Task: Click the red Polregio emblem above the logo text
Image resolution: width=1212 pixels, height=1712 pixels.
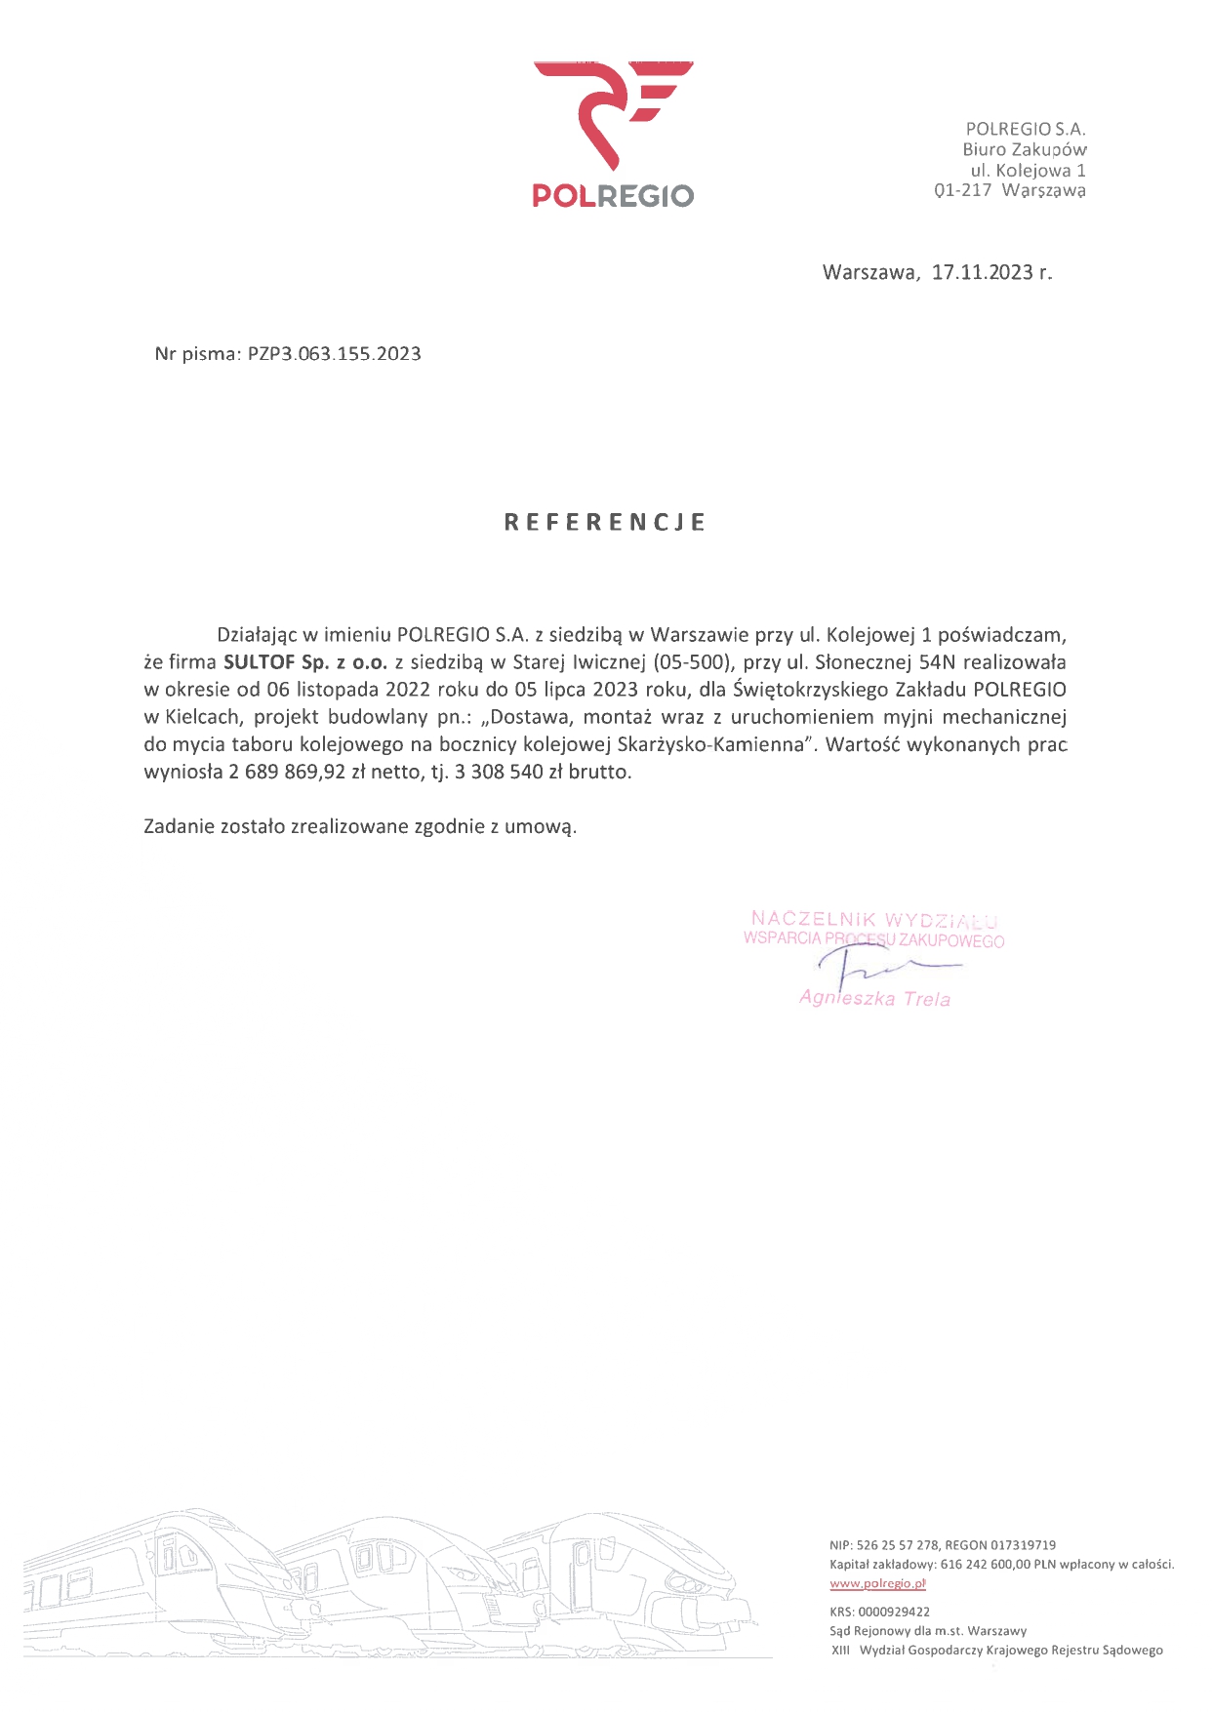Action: (613, 112)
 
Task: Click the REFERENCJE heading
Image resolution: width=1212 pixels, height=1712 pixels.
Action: (605, 523)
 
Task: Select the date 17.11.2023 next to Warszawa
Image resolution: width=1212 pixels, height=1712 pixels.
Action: (982, 272)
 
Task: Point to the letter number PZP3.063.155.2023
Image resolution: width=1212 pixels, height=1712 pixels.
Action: (335, 354)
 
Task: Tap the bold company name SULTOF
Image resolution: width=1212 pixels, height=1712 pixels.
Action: (259, 662)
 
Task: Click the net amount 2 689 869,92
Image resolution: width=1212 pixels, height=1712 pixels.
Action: (287, 772)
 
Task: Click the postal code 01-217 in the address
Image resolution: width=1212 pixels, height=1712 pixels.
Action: (962, 190)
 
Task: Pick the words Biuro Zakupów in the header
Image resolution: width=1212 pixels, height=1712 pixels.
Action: (1025, 149)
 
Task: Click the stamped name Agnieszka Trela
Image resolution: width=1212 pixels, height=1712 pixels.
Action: (874, 998)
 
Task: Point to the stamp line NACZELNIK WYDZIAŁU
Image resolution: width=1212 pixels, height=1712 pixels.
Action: (873, 918)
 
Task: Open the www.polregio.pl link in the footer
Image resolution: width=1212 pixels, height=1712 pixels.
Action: (877, 1583)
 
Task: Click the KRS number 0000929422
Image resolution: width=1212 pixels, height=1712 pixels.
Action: (894, 1612)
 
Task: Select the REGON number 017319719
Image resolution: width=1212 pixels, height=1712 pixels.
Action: (1023, 1545)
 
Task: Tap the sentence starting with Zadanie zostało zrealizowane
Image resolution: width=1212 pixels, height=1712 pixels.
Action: (360, 826)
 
